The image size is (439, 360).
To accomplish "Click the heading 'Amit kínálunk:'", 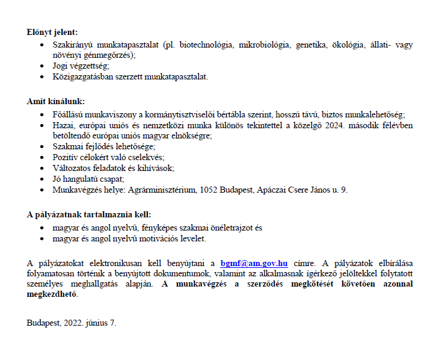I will (56, 101).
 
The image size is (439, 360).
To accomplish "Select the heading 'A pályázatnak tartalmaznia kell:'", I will (89, 214).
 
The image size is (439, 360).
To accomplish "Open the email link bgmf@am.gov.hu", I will (254, 264).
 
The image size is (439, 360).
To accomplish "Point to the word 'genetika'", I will (313, 45).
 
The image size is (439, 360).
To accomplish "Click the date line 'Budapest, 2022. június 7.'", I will (72, 323).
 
